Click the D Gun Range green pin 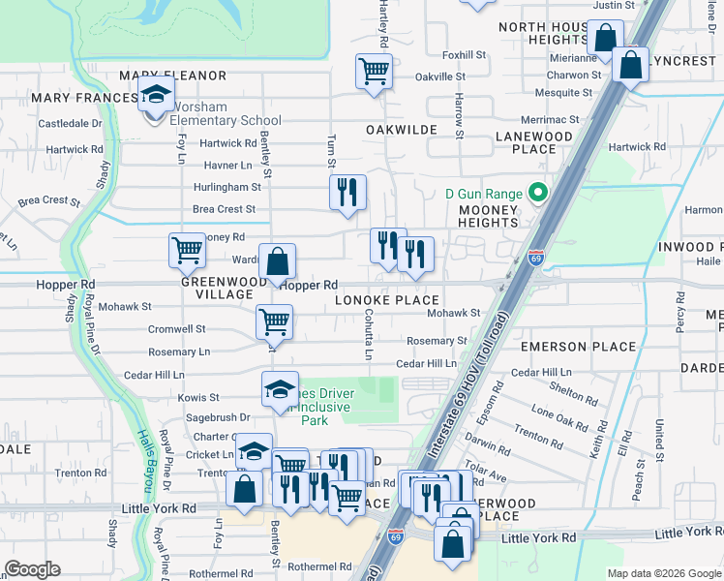(x=534, y=194)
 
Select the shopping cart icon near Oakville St (x=373, y=71)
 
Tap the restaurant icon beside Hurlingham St (x=347, y=192)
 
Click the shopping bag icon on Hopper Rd (x=277, y=261)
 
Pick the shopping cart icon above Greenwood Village (x=186, y=250)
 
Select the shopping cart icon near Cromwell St (x=274, y=322)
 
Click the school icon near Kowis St (x=280, y=389)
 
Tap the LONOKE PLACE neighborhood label (x=387, y=301)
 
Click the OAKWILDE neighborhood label (x=396, y=129)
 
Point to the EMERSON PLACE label (x=578, y=347)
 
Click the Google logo (x=32, y=569)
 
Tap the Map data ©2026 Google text (x=663, y=573)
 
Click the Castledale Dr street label (x=70, y=124)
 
